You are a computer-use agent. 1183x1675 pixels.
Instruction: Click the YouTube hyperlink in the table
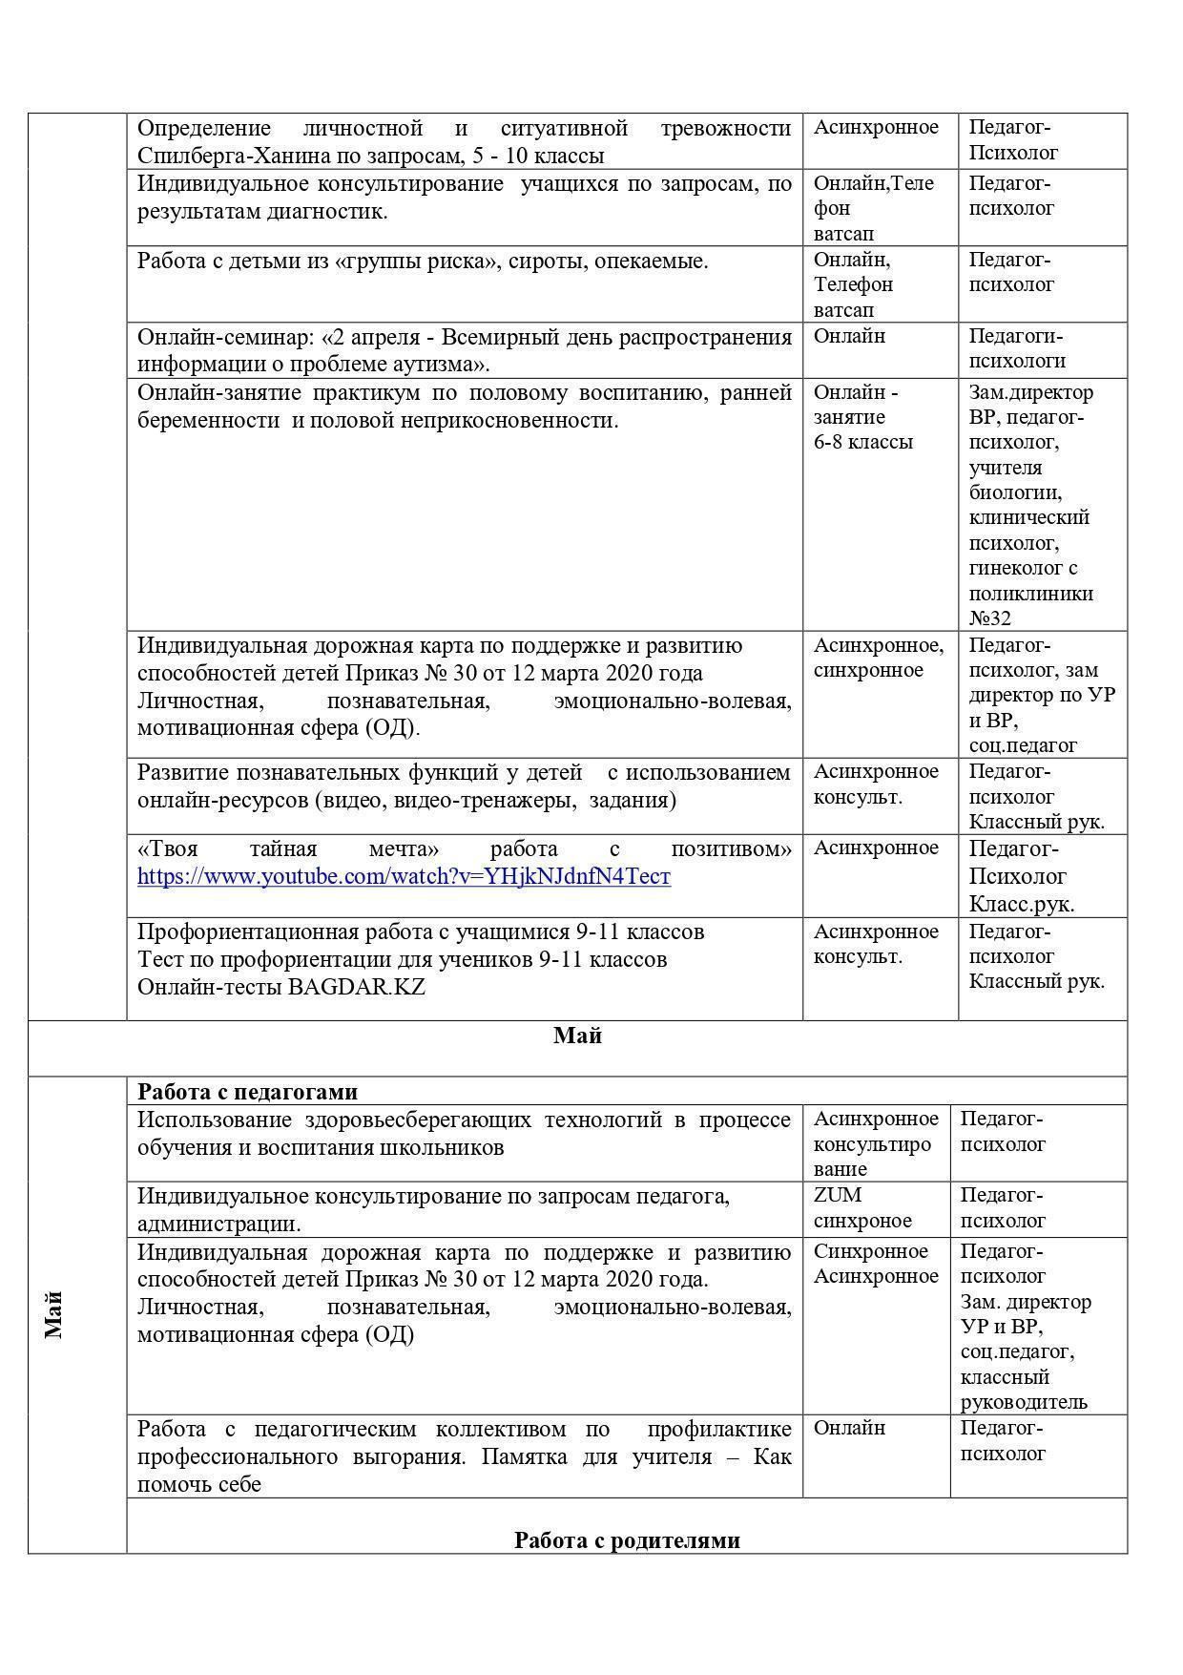click(404, 876)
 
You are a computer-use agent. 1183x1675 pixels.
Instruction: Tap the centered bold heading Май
click(577, 1036)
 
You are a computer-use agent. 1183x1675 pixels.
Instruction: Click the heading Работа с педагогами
click(247, 1092)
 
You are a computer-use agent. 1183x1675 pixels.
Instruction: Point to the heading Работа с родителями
click(627, 1540)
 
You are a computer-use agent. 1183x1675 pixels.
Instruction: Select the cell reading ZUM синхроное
click(862, 1208)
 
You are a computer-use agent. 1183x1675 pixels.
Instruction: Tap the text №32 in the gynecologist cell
click(990, 618)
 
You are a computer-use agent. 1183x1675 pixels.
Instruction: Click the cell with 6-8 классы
click(862, 442)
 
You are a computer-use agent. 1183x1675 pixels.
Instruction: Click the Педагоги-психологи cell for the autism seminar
click(1017, 348)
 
